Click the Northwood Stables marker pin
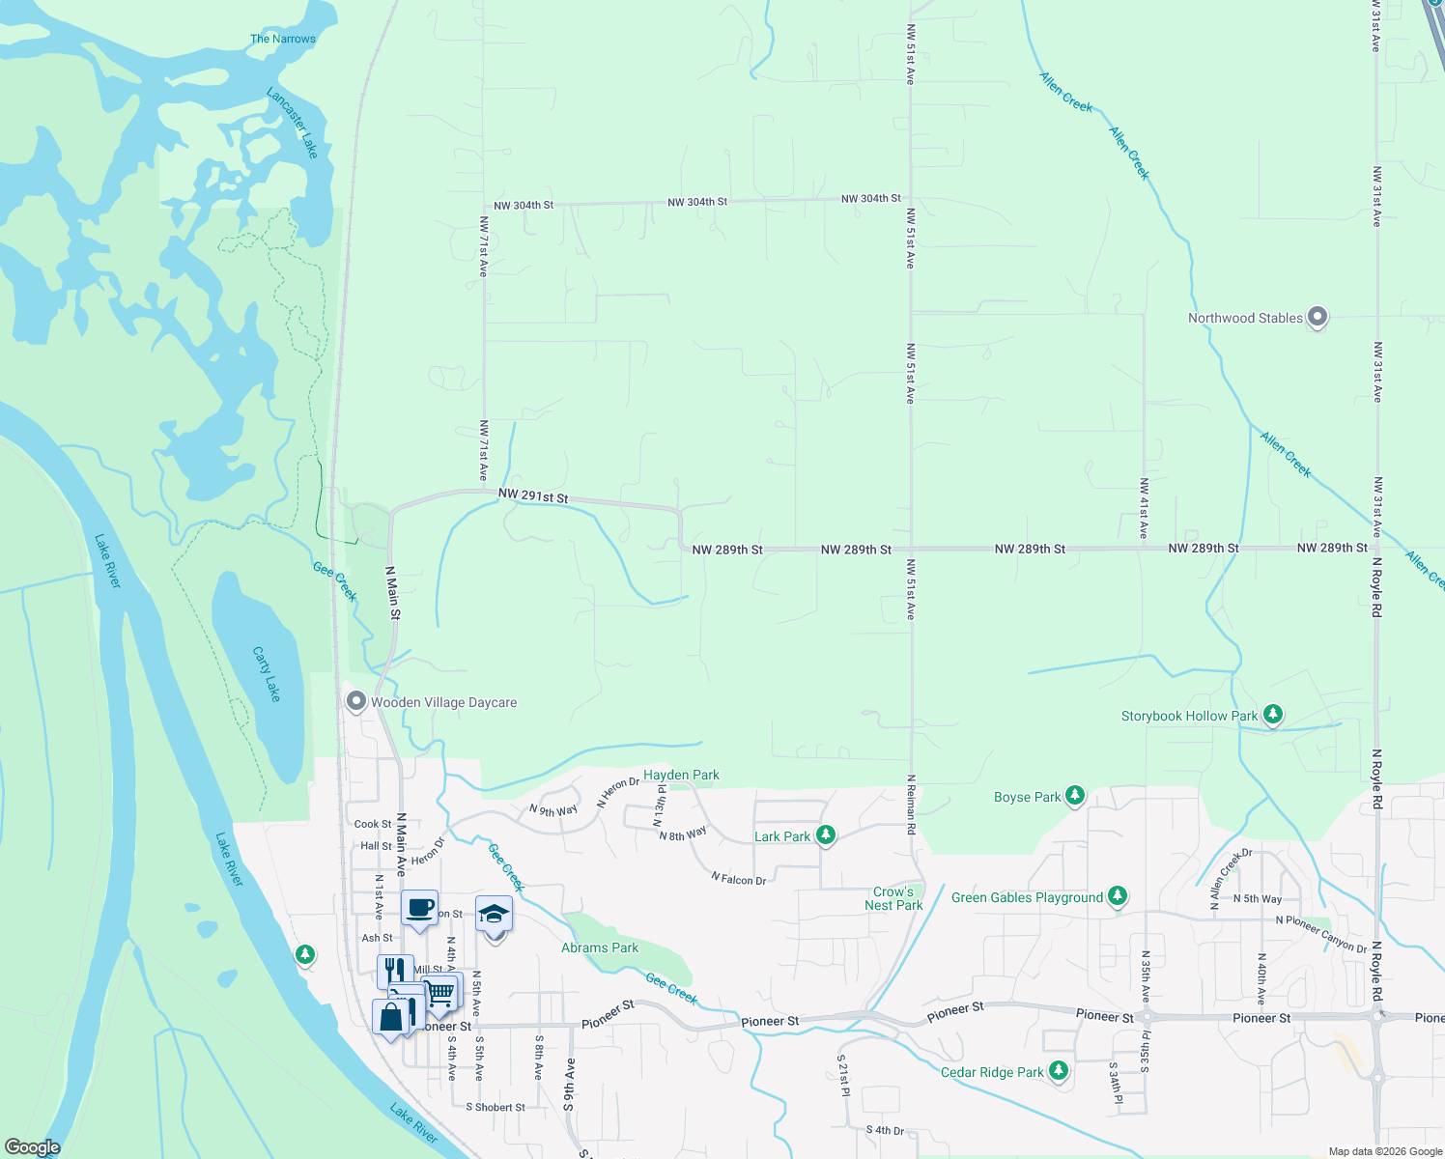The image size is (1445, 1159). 1317,317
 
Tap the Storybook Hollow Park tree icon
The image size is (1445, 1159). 1273,715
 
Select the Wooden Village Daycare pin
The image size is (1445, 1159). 356,701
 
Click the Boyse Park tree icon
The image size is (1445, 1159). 1074,796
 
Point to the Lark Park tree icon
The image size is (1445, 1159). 825,835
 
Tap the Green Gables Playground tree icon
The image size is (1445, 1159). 1118,896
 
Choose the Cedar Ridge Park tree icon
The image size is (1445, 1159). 1059,1071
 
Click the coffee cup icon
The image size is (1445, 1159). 419,908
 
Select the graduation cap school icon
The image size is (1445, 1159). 494,914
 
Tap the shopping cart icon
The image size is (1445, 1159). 440,991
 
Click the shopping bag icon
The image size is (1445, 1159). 390,1018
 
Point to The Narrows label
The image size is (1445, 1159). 283,39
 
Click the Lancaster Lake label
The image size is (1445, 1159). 293,123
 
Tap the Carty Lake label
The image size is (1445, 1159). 267,674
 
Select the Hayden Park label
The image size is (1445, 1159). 681,775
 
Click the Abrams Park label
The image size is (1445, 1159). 600,947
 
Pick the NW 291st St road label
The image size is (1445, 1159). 533,496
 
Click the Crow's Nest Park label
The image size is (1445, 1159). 893,898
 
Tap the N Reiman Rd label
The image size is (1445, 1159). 911,805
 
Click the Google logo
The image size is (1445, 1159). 33,1147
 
